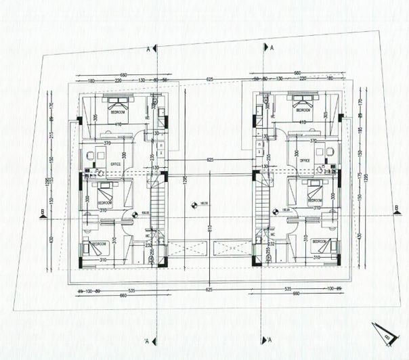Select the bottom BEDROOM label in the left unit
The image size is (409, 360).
coord(100,244)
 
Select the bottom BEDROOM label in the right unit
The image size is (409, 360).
coord(320,241)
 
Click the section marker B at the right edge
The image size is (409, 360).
coord(395,209)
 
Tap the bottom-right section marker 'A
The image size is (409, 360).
coord(268,339)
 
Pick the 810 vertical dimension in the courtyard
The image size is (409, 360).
coord(209,230)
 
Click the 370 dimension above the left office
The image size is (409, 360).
coord(107,144)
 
